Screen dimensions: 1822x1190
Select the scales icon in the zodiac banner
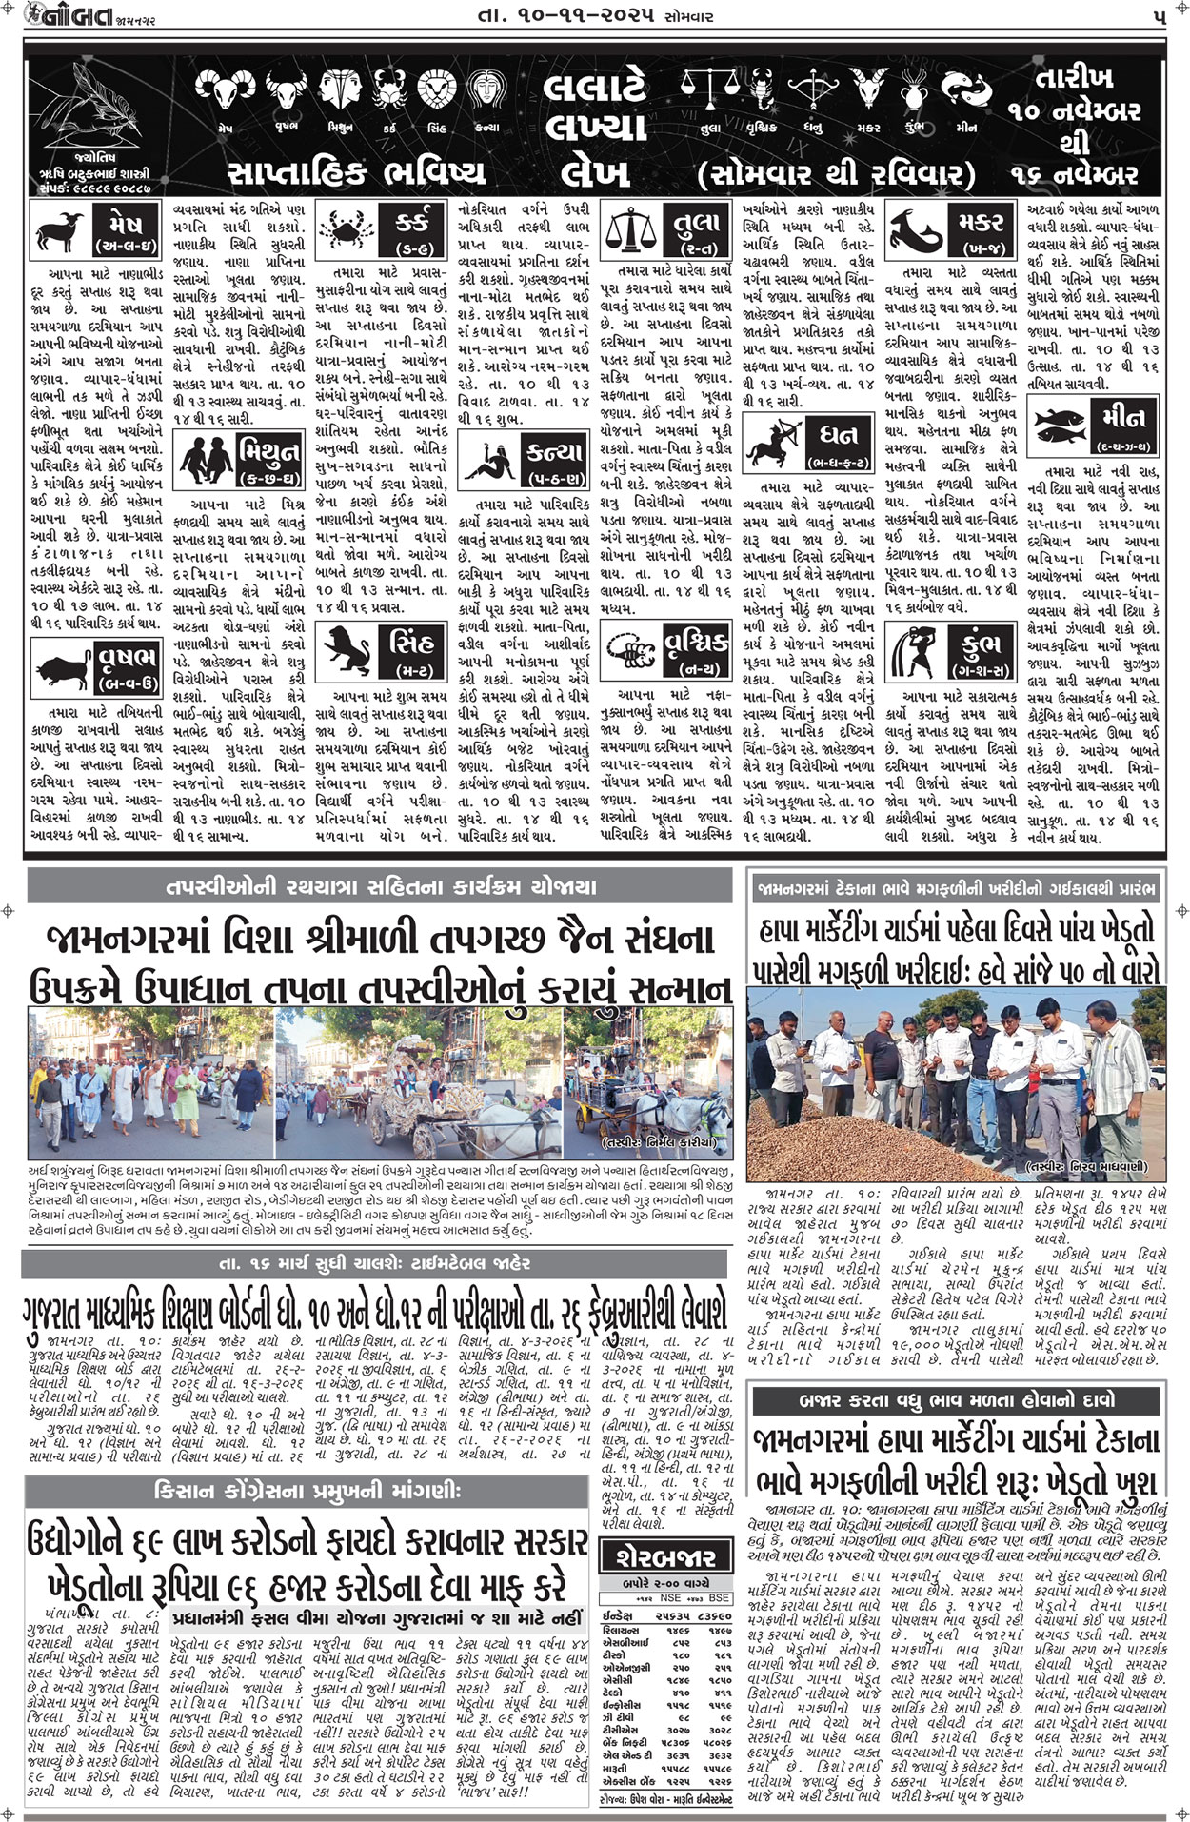click(x=708, y=90)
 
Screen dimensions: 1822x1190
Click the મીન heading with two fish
click(x=1122, y=422)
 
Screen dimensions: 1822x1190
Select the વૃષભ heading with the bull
click(x=126, y=663)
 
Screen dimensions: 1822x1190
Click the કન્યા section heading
click(x=554, y=460)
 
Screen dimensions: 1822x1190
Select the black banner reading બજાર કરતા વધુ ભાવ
click(x=958, y=1400)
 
